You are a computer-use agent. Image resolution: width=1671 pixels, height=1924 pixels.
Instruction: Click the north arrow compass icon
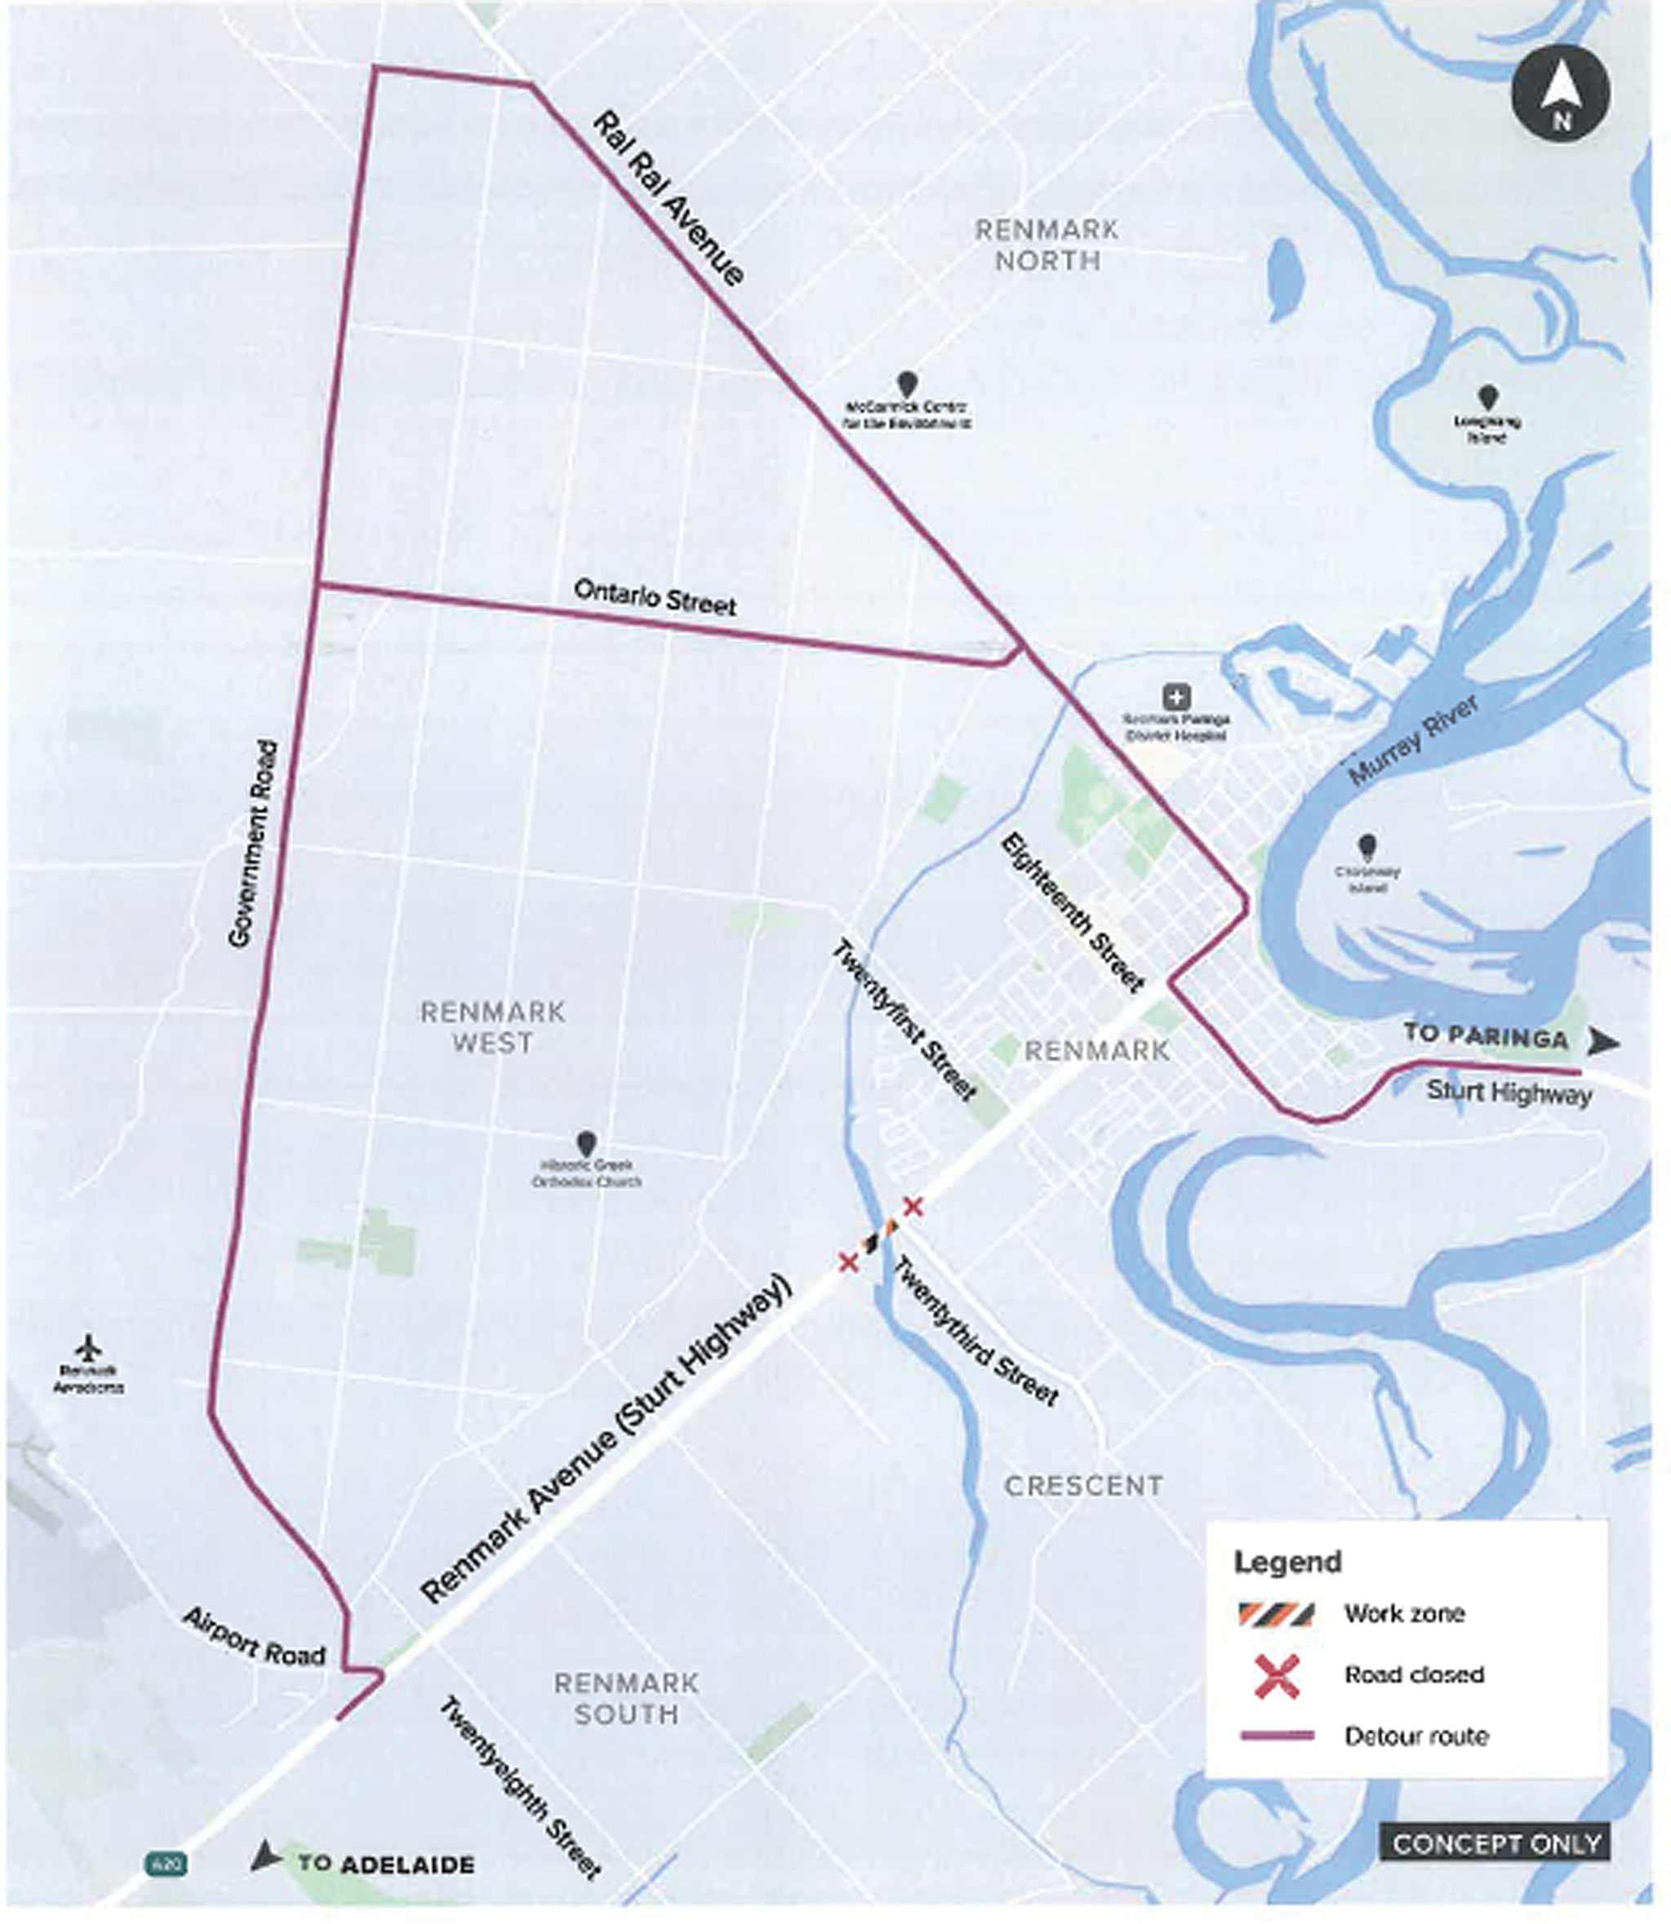click(x=1561, y=93)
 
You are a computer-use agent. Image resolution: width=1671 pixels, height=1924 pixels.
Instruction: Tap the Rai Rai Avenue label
click(x=669, y=198)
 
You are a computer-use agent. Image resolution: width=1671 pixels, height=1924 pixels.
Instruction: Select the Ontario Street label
click(x=655, y=596)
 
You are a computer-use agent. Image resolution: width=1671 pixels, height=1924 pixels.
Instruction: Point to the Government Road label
click(x=254, y=845)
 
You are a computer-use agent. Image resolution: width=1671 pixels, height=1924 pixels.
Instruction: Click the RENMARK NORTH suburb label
click(x=1047, y=244)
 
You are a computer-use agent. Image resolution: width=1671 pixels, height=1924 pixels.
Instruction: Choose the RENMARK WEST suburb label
click(x=492, y=1027)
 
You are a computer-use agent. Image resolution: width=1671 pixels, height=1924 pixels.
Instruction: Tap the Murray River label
click(x=1414, y=739)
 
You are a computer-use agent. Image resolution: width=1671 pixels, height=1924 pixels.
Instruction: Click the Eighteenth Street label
click(x=1073, y=912)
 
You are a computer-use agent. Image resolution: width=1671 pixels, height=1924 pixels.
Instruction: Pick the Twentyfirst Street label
click(x=904, y=1019)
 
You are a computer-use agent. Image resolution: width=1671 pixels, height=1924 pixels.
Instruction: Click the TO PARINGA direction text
click(x=1487, y=1035)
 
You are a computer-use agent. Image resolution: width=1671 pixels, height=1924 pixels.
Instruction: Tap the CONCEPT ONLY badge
click(x=1495, y=1843)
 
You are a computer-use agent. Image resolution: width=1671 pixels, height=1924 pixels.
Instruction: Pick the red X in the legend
click(x=1277, y=1674)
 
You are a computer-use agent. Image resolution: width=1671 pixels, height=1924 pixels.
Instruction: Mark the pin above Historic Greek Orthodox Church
click(x=585, y=1143)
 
